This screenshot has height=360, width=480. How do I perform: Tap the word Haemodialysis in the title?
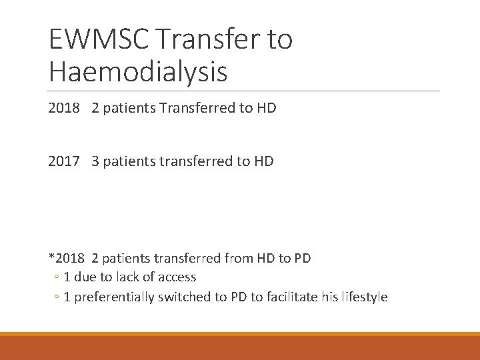click(x=138, y=72)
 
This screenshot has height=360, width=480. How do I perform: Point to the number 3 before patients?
click(x=96, y=161)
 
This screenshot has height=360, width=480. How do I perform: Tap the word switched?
click(x=182, y=297)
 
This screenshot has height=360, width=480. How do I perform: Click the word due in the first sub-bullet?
click(x=84, y=277)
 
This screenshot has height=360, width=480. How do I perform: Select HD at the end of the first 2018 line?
click(x=266, y=108)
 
